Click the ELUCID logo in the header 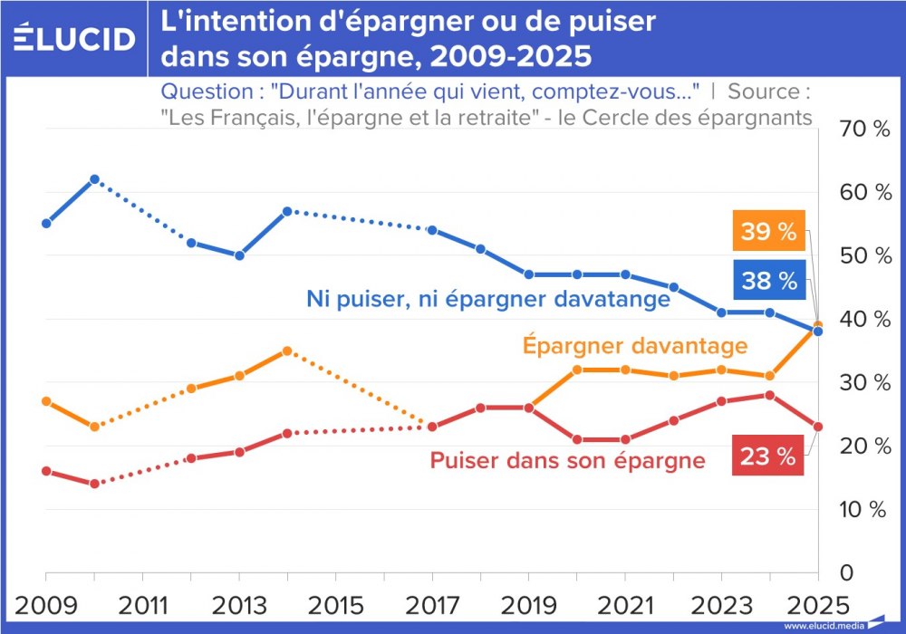(75, 38)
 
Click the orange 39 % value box (768, 233)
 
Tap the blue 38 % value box (768, 281)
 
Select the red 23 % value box (768, 457)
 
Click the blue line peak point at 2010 (94, 179)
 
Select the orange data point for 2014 (287, 351)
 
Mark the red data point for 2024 (769, 395)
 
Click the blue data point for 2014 (287, 211)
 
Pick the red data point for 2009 (46, 471)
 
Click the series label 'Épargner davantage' (634, 346)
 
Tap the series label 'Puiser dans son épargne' (567, 460)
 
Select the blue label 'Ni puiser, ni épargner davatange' (487, 297)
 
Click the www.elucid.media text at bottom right (823, 626)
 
